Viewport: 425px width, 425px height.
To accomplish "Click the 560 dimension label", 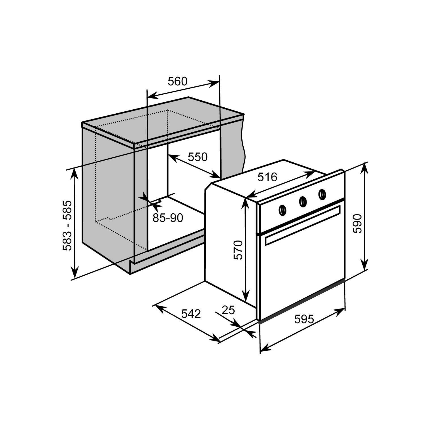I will click(x=178, y=81).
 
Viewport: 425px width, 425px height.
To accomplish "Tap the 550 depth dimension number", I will click(x=198, y=157).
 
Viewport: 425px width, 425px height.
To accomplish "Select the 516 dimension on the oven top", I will click(x=267, y=177).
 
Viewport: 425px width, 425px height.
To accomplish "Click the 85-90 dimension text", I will click(x=168, y=218).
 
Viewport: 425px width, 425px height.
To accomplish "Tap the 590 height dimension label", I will click(x=358, y=223).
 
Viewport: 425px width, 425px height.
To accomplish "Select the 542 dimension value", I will click(x=191, y=314).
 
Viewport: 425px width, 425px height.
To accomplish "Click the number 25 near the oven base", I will click(x=228, y=310).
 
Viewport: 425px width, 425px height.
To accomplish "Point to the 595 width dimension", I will click(x=304, y=319).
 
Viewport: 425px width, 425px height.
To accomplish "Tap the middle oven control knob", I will click(x=303, y=201).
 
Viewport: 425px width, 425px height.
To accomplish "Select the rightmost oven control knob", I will click(x=322, y=194).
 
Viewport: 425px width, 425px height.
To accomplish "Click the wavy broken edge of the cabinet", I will click(x=243, y=144).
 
